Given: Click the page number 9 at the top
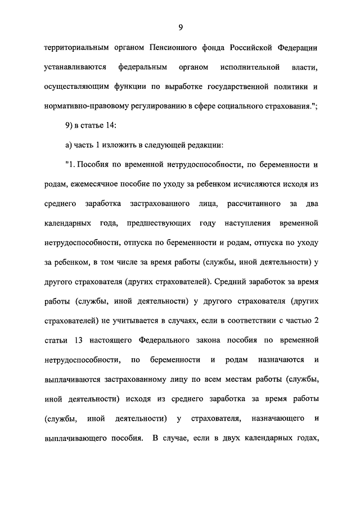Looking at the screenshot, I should (180, 26).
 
